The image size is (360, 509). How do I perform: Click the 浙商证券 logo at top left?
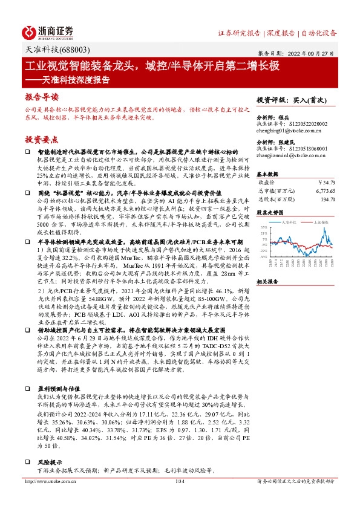(x=48, y=32)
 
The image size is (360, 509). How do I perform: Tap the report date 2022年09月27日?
(x=312, y=53)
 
